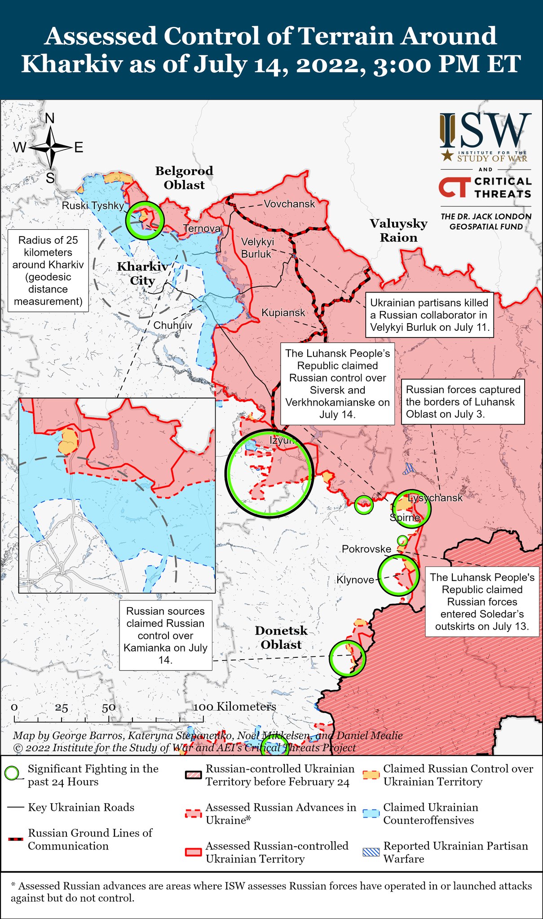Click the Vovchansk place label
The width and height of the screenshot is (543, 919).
click(289, 204)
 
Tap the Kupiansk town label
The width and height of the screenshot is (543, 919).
click(283, 312)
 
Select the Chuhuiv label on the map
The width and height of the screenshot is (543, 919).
click(173, 325)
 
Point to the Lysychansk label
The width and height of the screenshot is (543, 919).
click(435, 498)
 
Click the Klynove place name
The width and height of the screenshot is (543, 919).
click(355, 580)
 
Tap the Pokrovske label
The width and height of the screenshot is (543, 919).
click(366, 549)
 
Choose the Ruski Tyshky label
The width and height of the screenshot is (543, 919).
click(93, 206)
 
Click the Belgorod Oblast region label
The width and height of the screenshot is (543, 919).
click(184, 178)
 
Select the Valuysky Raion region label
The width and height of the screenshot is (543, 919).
click(398, 230)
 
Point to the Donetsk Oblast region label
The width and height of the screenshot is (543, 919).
click(281, 637)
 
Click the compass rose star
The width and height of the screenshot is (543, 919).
click(51, 147)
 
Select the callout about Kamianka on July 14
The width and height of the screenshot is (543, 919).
click(165, 635)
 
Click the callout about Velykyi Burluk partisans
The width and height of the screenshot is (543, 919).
click(428, 315)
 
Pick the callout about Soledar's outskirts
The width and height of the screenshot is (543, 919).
click(482, 601)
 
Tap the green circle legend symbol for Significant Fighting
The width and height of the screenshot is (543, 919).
click(13, 773)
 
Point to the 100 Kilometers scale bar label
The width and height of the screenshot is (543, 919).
click(234, 706)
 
